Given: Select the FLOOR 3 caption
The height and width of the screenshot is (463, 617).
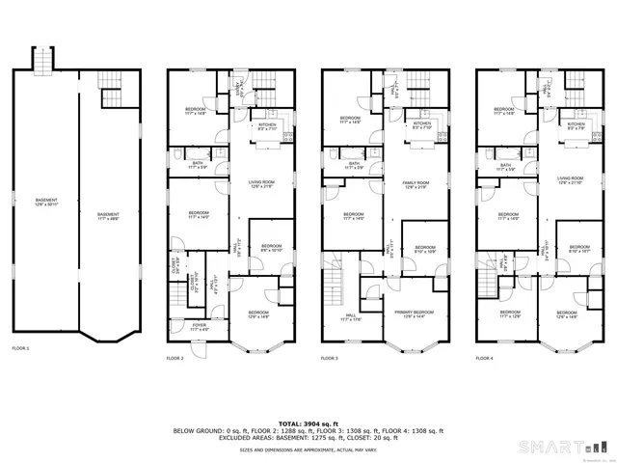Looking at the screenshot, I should click(331, 358).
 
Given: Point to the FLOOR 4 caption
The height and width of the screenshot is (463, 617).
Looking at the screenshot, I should click(485, 358).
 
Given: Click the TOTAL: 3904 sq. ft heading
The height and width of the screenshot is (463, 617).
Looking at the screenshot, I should click(308, 422).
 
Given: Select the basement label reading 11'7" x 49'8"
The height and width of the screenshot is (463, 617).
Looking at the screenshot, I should click(107, 215).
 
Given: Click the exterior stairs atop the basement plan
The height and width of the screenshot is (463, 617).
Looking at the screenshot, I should click(42, 62).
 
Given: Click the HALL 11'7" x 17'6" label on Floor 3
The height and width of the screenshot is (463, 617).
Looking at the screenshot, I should click(350, 316).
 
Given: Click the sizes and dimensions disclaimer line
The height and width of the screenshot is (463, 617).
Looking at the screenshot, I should click(308, 449).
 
